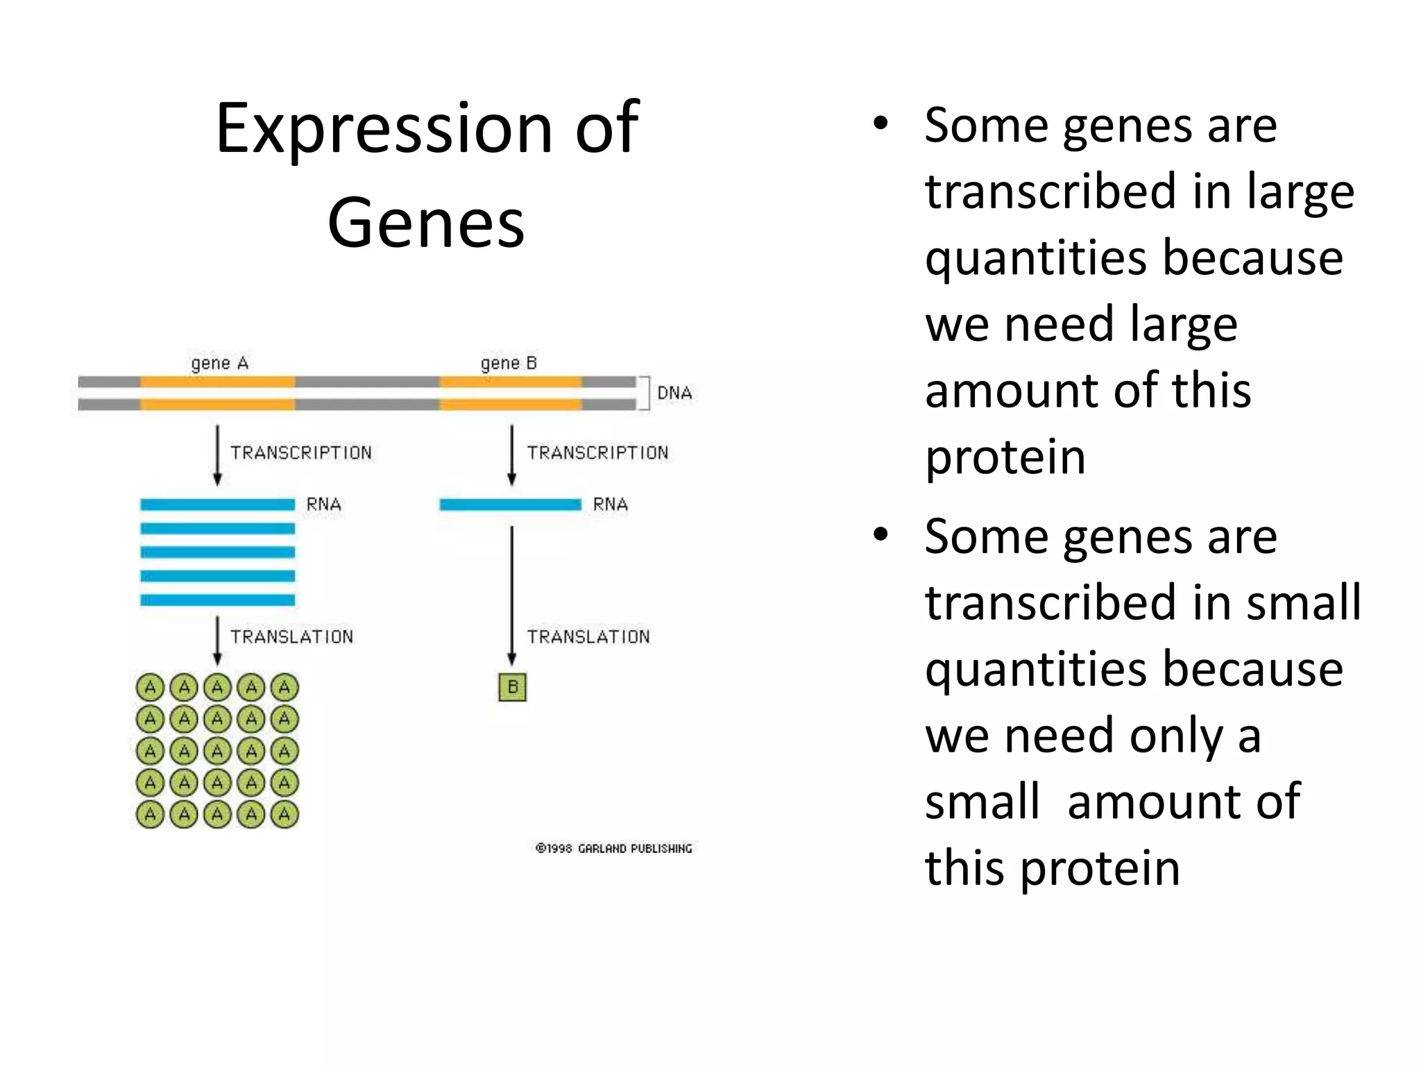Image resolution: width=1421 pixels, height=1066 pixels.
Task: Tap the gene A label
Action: [219, 364]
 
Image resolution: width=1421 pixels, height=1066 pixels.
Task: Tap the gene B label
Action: [509, 364]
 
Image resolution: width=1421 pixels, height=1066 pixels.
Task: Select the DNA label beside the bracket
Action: [674, 394]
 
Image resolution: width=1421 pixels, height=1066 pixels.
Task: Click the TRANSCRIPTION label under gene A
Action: [301, 453]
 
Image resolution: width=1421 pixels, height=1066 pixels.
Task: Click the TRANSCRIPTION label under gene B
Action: [597, 453]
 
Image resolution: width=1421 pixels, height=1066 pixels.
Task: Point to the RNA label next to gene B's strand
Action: [610, 505]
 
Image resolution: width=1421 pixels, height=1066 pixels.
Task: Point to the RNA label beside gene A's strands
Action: [323, 505]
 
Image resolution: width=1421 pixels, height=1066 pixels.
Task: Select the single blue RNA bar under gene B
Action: [510, 505]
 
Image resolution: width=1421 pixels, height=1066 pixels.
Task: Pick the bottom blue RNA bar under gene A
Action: [217, 600]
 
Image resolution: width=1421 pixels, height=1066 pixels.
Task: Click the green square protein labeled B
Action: [512, 688]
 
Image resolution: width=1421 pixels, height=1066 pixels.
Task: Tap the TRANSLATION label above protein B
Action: [588, 637]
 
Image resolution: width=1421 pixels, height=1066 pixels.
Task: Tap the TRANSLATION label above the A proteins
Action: [291, 637]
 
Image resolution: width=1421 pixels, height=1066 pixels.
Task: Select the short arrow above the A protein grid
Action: [217, 640]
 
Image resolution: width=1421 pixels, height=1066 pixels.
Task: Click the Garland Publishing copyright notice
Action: [614, 849]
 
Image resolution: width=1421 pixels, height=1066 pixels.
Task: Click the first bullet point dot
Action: [880, 125]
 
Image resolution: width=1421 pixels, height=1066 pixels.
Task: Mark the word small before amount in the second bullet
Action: [982, 802]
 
